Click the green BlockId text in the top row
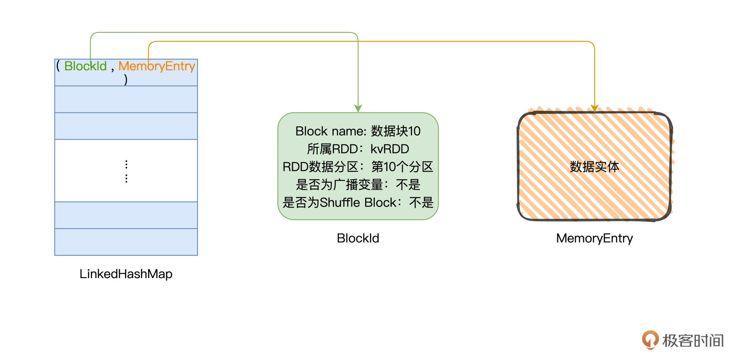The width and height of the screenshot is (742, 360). point(85,66)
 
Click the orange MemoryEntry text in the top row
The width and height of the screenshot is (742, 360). point(157,66)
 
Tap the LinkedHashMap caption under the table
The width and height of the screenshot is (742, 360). point(126,274)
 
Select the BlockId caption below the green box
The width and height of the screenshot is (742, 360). point(358,238)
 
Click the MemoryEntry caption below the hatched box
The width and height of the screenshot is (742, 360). point(594,238)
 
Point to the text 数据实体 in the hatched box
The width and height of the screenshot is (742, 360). point(594,167)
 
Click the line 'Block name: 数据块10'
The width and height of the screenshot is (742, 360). point(358,131)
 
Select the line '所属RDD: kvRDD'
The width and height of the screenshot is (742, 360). point(358,149)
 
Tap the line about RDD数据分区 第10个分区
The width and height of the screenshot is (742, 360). point(358,167)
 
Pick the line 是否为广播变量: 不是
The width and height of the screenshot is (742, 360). point(358,185)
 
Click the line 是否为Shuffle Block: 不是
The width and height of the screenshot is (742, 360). point(358,202)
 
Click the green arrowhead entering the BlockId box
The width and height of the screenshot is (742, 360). point(358,109)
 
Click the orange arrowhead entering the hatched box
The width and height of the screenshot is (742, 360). point(594,109)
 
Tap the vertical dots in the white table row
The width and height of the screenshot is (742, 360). point(126,171)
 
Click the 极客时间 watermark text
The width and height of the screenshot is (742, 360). point(693,341)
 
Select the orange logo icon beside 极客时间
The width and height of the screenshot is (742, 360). point(650,340)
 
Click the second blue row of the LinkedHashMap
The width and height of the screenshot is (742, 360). point(126,99)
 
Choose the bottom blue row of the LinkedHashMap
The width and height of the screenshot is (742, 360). point(126,242)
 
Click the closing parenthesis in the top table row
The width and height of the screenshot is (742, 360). point(126,80)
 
